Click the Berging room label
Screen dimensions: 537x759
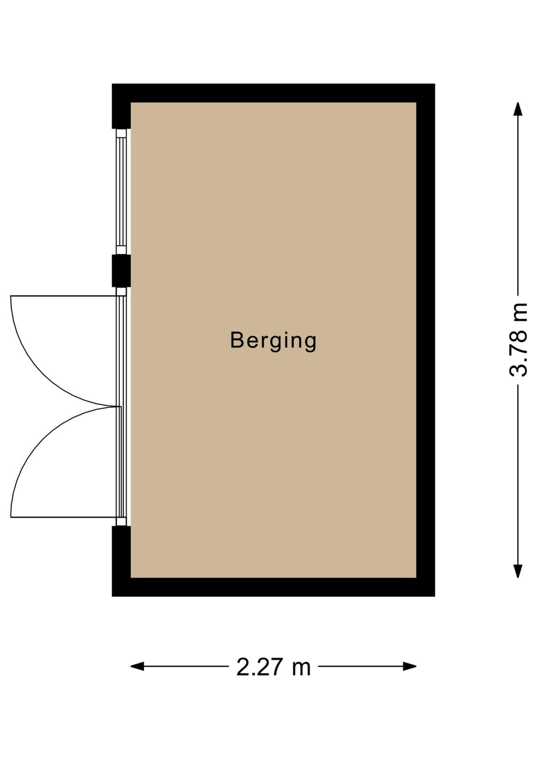(273, 341)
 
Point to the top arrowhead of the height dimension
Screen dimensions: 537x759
(518, 109)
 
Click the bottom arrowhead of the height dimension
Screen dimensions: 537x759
(518, 571)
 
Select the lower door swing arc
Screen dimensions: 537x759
(37, 441)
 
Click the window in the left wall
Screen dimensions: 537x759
(121, 192)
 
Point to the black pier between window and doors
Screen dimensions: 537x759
(121, 271)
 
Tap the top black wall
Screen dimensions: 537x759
(273, 93)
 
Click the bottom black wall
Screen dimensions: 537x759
(273, 587)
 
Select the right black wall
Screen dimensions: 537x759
(426, 340)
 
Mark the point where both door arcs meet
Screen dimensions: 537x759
(117, 407)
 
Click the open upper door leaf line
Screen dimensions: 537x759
(64, 296)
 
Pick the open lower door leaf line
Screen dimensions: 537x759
(64, 518)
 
